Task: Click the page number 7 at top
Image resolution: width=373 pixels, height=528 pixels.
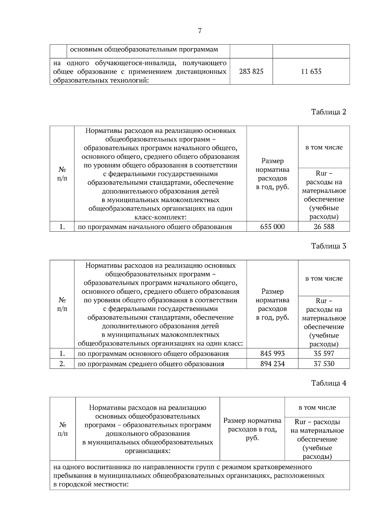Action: tap(200, 31)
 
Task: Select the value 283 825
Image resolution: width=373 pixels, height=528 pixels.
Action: tap(251, 72)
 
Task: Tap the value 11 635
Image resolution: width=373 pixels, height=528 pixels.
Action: tap(311, 72)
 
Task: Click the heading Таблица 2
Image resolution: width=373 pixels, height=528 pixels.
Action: tap(329, 112)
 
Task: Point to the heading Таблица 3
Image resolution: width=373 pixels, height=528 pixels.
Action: tap(329, 246)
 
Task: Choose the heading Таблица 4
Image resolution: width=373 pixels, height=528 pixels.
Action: tap(329, 383)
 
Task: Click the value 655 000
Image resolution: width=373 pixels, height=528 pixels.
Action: tap(272, 227)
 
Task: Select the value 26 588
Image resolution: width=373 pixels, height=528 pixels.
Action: tap(324, 227)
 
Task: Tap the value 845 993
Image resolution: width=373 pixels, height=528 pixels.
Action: tap(272, 354)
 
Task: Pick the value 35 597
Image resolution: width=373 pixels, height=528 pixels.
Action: tap(324, 354)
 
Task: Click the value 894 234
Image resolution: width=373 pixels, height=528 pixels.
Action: tap(272, 364)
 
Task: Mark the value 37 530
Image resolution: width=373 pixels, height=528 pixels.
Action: tap(324, 364)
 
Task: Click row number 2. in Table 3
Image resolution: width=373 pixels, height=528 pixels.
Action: tap(62, 364)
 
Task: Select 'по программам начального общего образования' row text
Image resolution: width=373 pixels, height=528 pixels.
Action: tap(155, 227)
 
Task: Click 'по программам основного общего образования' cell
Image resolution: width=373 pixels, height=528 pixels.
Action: tap(153, 354)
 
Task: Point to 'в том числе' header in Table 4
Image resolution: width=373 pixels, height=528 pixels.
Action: tap(317, 407)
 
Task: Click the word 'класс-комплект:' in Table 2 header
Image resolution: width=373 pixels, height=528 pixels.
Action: tap(160, 217)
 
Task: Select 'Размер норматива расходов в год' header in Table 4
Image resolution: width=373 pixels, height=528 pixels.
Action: tap(252, 429)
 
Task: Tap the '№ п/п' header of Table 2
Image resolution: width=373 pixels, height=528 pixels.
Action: tap(62, 174)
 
